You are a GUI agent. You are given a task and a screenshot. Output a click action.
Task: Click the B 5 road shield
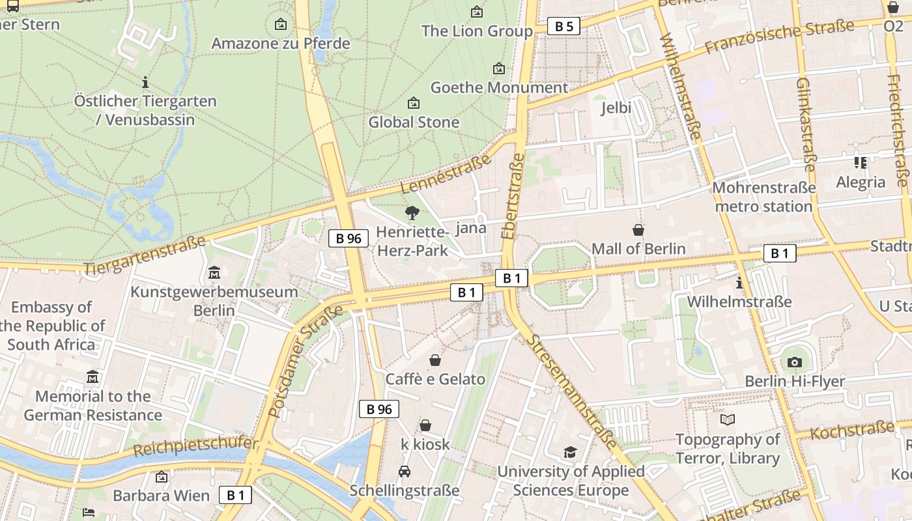(x=563, y=26)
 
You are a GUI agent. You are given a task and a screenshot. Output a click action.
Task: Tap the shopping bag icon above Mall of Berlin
(x=638, y=230)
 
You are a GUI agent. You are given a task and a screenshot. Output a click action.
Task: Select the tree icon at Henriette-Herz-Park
(x=412, y=212)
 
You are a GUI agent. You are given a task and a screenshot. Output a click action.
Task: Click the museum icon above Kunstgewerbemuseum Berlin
(x=214, y=273)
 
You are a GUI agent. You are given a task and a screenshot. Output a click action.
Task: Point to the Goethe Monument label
(x=499, y=87)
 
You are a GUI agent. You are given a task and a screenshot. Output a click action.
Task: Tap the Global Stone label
(x=414, y=122)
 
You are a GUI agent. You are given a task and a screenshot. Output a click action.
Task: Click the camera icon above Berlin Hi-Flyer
(x=794, y=362)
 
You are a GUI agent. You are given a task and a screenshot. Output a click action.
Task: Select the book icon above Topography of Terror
(x=728, y=420)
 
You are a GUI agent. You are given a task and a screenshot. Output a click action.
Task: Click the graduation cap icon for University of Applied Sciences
(x=571, y=452)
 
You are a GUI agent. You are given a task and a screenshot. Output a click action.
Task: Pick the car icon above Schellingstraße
(x=405, y=472)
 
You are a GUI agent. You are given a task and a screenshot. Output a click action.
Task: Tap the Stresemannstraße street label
(x=572, y=391)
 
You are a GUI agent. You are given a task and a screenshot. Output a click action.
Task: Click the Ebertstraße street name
(x=513, y=196)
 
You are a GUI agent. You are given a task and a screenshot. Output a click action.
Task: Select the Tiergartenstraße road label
(x=145, y=255)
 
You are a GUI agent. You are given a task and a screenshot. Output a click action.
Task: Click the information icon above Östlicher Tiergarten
(x=145, y=82)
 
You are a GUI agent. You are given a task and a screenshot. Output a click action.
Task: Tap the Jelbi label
(x=616, y=107)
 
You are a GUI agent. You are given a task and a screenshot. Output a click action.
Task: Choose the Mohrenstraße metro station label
(x=763, y=197)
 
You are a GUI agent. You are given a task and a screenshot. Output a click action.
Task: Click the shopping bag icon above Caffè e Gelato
(x=435, y=360)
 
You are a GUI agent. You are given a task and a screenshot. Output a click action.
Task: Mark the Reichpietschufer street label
(x=195, y=447)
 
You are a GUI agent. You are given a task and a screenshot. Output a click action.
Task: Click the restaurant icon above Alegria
(x=861, y=162)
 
